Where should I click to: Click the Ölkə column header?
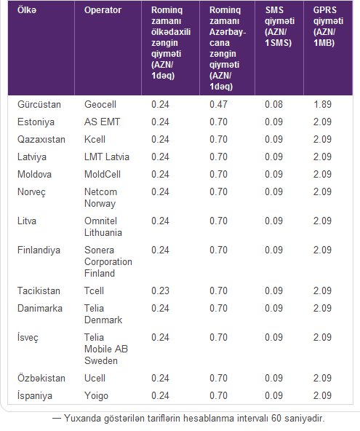click(x=27, y=10)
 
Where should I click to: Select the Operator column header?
click(x=103, y=10)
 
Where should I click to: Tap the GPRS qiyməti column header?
click(x=328, y=26)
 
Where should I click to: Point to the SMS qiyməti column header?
click(x=279, y=26)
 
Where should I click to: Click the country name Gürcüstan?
click(x=39, y=104)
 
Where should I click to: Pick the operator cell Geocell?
click(x=100, y=104)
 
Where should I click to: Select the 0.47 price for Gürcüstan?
click(x=218, y=104)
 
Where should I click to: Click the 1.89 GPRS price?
click(x=322, y=104)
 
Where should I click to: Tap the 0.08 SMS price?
click(x=273, y=104)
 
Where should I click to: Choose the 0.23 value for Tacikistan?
click(x=160, y=290)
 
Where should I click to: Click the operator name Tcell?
click(x=95, y=290)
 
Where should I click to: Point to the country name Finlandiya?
click(x=39, y=250)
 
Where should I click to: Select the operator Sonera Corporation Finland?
click(x=108, y=261)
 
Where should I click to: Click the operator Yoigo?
click(x=96, y=396)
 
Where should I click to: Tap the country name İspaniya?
click(x=35, y=396)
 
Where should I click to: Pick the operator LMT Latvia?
click(x=106, y=157)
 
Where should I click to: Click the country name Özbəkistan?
click(x=41, y=379)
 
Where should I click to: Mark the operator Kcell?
click(x=95, y=139)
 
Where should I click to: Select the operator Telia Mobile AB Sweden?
click(x=106, y=349)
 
